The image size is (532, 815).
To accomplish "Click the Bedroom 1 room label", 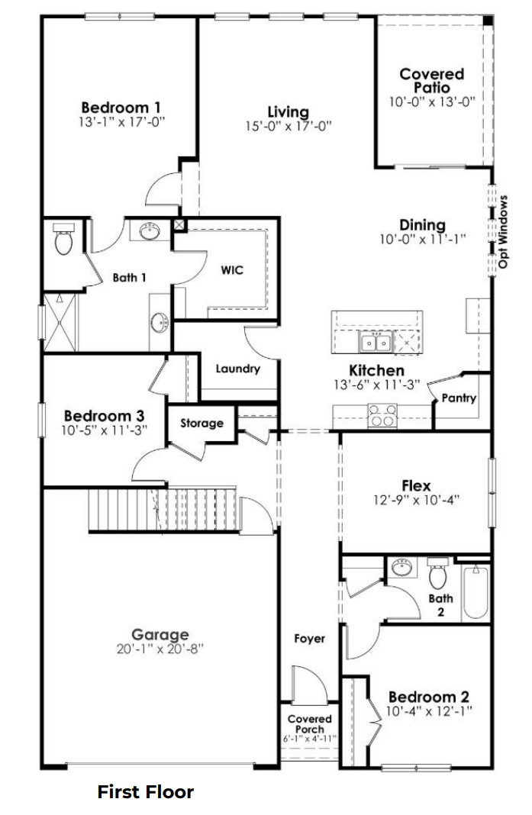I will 121,107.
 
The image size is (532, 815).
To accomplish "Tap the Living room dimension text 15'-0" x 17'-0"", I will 288,127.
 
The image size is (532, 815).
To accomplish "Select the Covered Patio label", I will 432,80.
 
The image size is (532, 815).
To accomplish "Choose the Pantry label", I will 459,398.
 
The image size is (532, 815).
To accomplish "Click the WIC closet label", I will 232,270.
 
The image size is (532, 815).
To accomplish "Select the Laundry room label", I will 237,369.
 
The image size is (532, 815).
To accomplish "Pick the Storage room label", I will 202,423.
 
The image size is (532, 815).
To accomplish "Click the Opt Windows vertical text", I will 504,232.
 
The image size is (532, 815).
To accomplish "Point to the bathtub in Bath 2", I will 474,591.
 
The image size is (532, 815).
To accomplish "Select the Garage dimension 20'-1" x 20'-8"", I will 160,649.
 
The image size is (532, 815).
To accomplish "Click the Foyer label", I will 309,638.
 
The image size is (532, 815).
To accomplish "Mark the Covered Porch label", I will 309,724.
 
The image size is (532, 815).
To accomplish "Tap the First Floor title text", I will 145,792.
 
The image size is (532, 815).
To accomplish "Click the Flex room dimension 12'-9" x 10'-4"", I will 416,501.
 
